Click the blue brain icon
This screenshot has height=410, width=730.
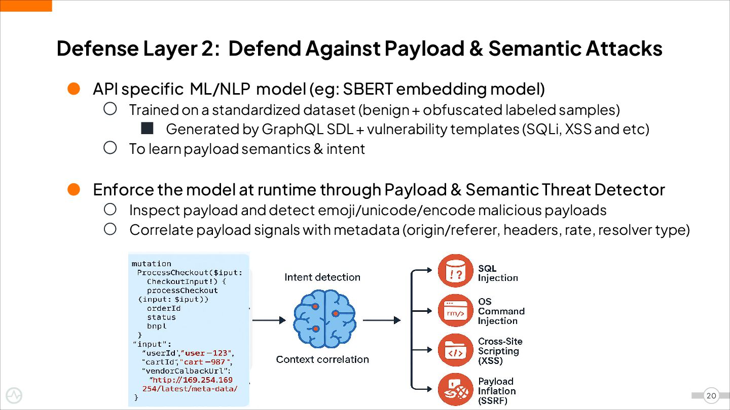tap(324, 318)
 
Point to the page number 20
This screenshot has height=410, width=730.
tap(711, 396)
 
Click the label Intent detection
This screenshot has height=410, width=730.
tap(322, 277)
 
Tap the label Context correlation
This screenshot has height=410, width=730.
tap(322, 359)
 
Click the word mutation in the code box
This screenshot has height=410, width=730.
tap(152, 264)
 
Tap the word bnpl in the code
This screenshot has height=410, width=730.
tap(157, 326)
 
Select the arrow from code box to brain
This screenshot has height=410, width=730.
tap(269, 320)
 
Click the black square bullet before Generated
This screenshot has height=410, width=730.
tap(147, 129)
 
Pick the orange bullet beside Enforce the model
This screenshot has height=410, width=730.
tap(74, 190)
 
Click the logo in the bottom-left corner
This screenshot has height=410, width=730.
tap(14, 396)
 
